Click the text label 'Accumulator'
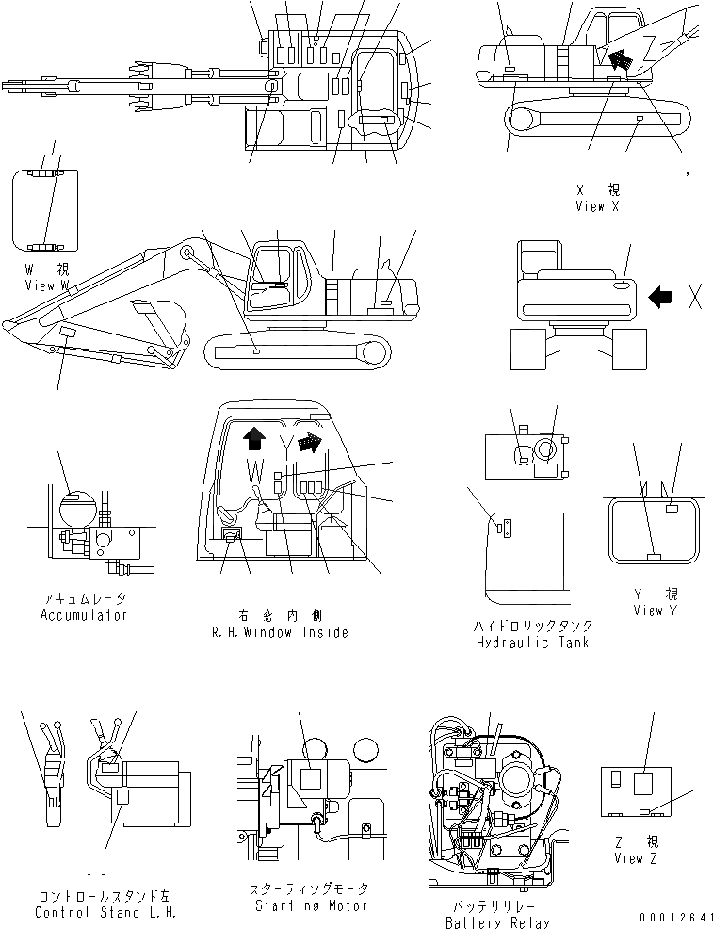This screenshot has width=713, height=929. [x=83, y=615]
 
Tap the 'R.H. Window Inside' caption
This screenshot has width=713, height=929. [x=280, y=632]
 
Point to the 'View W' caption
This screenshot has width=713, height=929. [x=46, y=285]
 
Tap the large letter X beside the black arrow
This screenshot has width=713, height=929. [x=695, y=298]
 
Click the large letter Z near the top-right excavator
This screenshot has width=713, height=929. [x=650, y=47]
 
